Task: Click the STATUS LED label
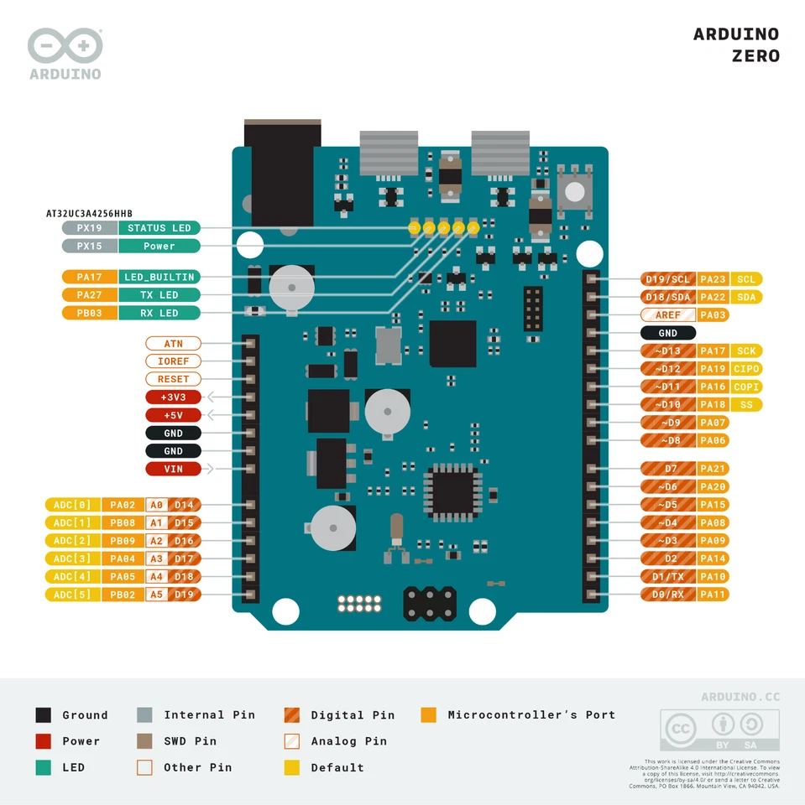coord(159,228)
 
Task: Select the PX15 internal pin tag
coord(89,247)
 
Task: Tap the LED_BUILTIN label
coord(159,277)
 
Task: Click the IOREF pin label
coord(174,361)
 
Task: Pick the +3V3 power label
coord(174,397)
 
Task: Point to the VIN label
coord(174,469)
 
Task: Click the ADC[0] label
coord(71,505)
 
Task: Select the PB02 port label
coord(123,595)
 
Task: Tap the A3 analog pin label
coord(157,558)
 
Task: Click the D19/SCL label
coord(668,279)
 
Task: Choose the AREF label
coord(668,315)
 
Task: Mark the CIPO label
coord(746,369)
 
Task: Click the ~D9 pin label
coord(668,423)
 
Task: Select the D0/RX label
coord(668,595)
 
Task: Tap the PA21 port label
coord(713,469)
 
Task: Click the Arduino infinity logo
coord(65,46)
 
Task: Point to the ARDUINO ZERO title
coord(736,45)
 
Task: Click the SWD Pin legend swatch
coord(144,741)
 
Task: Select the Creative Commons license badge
coord(719,730)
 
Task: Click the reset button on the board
coord(574,190)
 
